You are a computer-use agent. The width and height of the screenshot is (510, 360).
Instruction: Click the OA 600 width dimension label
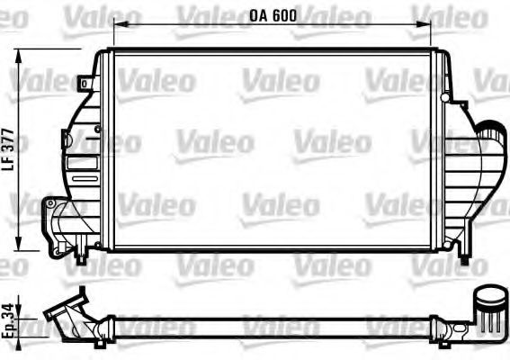(273, 16)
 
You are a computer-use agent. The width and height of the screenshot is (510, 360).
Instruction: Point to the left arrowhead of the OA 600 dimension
(117, 25)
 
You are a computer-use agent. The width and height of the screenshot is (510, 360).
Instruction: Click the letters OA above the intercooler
(258, 16)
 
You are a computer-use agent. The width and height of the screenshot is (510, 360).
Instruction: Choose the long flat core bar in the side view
(270, 320)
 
